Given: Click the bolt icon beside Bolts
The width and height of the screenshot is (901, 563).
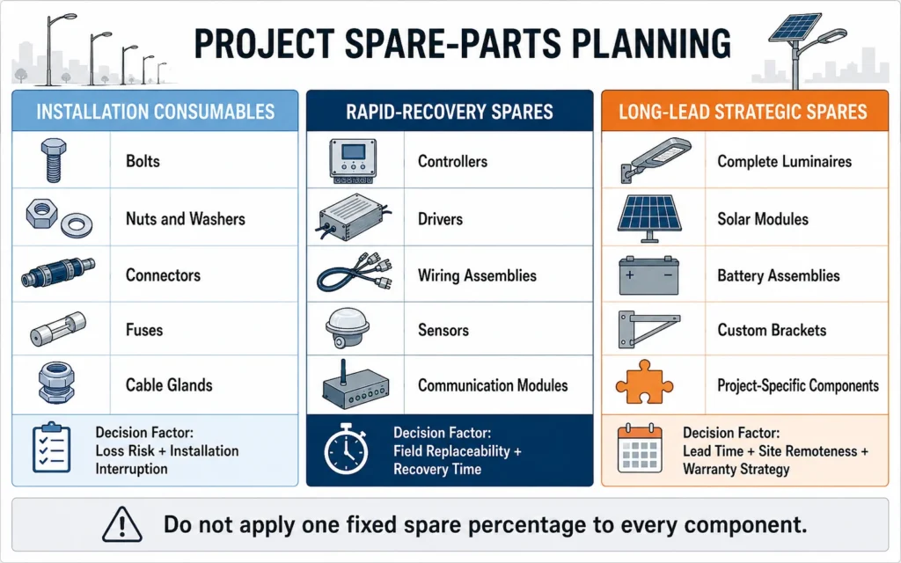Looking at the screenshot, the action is click(54, 160).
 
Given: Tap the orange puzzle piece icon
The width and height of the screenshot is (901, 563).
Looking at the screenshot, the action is click(645, 383).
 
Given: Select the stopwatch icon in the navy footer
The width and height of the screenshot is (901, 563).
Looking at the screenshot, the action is click(346, 450).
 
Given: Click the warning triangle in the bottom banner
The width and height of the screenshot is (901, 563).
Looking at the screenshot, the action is click(121, 524).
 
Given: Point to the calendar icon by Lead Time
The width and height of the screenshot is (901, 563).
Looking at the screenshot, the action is click(640, 449).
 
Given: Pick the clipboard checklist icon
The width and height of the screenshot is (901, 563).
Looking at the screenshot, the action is click(52, 448).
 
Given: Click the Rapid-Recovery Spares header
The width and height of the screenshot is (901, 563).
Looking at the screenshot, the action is click(450, 112).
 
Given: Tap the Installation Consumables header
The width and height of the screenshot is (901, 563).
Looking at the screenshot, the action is click(155, 112).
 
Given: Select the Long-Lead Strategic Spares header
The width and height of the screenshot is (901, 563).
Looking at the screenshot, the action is click(743, 112).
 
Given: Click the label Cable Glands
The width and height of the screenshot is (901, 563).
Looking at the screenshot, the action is click(169, 385).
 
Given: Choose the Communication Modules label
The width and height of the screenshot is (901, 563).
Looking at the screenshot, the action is click(493, 385).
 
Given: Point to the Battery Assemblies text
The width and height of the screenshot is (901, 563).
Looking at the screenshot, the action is click(778, 275).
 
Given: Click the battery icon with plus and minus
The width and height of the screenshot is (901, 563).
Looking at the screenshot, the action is click(648, 275).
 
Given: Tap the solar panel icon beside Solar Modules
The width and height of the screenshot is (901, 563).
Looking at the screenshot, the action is click(650, 218).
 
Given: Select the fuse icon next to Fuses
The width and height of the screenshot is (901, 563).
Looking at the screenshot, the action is click(57, 329).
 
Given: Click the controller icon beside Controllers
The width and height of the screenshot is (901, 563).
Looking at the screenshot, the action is click(353, 161).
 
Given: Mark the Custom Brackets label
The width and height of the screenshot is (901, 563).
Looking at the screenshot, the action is click(772, 331).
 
